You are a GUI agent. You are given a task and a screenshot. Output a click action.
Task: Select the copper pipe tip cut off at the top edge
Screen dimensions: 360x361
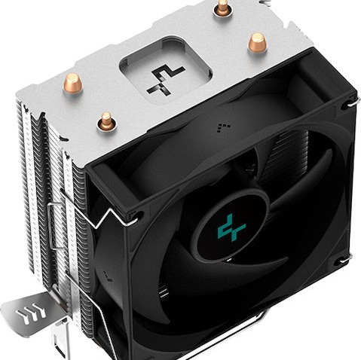(222, 7)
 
